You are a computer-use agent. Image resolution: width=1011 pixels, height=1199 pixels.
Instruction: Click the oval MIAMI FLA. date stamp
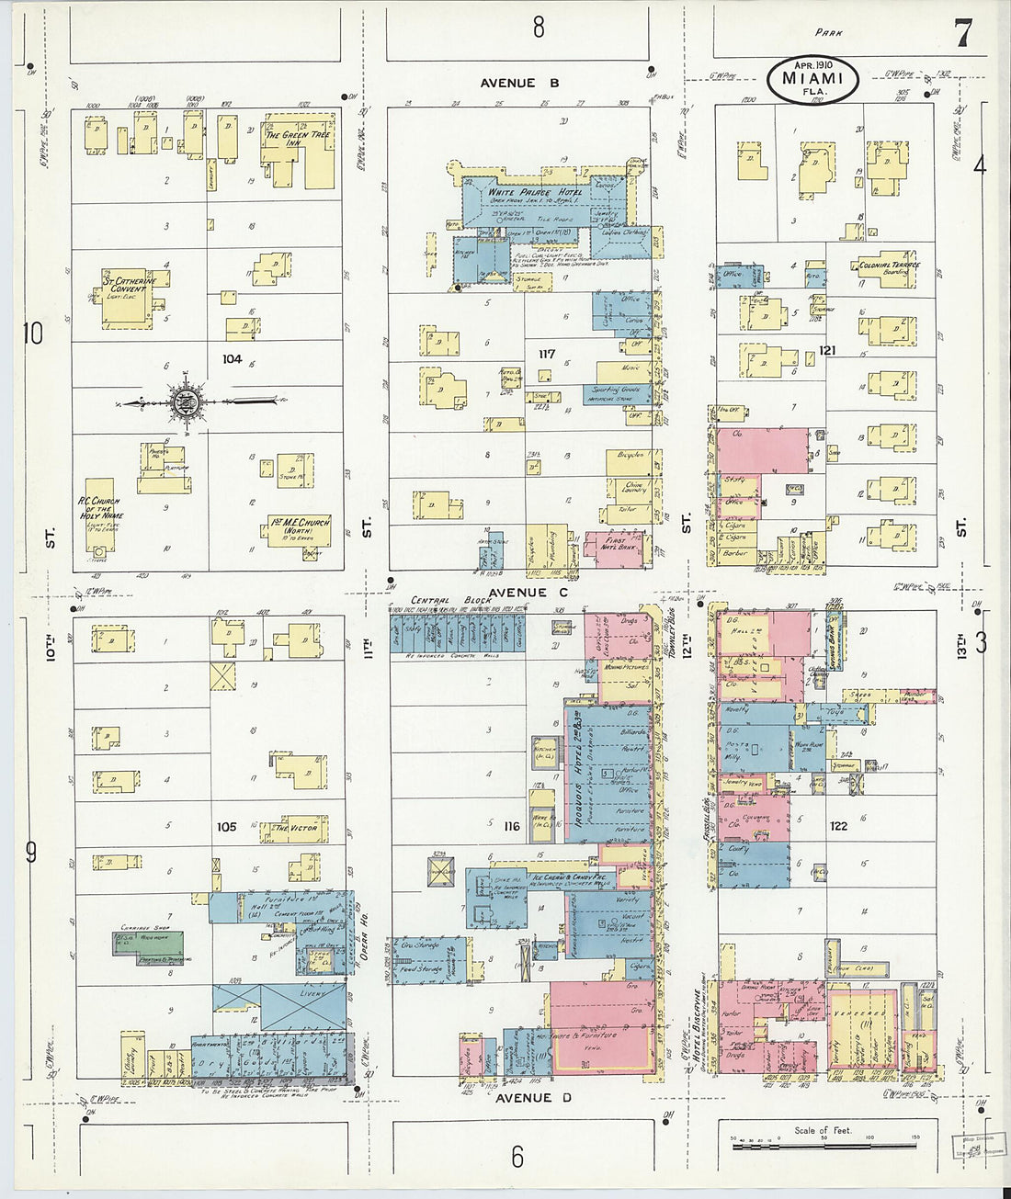click(812, 81)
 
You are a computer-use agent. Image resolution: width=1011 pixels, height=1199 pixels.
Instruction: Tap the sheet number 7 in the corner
click(962, 34)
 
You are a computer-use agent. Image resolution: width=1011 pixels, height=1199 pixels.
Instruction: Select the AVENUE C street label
click(528, 593)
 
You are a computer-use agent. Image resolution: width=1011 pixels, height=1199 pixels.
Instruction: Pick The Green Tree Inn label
click(293, 139)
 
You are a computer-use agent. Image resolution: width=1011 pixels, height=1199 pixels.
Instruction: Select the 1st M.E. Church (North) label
click(299, 527)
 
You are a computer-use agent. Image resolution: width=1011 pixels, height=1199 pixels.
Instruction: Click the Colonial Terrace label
click(888, 266)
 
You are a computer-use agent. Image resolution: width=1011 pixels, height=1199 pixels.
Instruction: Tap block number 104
click(231, 359)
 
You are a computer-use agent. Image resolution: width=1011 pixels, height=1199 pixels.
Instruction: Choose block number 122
click(837, 826)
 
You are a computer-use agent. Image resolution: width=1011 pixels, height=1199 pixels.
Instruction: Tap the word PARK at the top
click(829, 33)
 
